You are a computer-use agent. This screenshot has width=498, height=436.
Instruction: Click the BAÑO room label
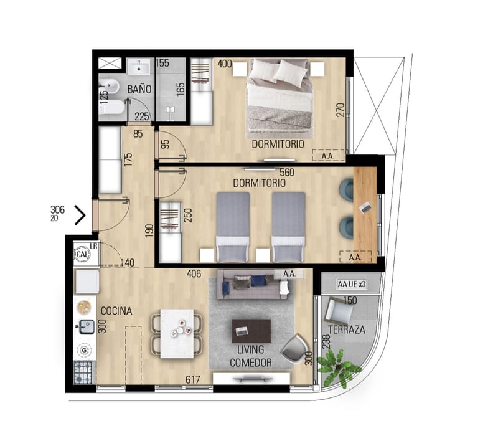[139, 89]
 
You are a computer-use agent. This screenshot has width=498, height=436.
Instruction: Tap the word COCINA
[116, 311]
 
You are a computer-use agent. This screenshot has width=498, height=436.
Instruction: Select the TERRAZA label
[347, 330]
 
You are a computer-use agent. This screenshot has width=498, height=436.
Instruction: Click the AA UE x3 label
[352, 284]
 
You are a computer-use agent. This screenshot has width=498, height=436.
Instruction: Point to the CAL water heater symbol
[83, 254]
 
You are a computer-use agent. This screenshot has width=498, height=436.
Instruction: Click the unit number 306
[57, 209]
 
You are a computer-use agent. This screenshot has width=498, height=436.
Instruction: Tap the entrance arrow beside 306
[80, 215]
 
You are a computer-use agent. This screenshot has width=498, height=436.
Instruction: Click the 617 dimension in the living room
[193, 379]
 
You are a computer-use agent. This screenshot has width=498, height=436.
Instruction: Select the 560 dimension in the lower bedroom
[287, 173]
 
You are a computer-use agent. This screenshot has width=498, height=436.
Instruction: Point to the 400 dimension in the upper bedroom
[225, 64]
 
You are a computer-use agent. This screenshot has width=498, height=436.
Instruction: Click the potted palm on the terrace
[339, 368]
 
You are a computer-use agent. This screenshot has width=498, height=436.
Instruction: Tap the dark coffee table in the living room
[251, 331]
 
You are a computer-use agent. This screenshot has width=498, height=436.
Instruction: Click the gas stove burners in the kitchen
[84, 372]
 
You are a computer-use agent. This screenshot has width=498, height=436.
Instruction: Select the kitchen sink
[86, 326]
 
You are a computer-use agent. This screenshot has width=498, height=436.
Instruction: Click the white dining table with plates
[177, 333]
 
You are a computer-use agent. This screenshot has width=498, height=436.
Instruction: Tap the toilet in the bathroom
[111, 107]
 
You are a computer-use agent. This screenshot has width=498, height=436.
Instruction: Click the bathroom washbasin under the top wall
[139, 67]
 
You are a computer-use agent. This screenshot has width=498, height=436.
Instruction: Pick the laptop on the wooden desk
[365, 208]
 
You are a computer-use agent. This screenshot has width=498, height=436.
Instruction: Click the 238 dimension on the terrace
[326, 341]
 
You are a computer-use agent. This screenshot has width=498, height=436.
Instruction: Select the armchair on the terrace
[337, 311]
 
